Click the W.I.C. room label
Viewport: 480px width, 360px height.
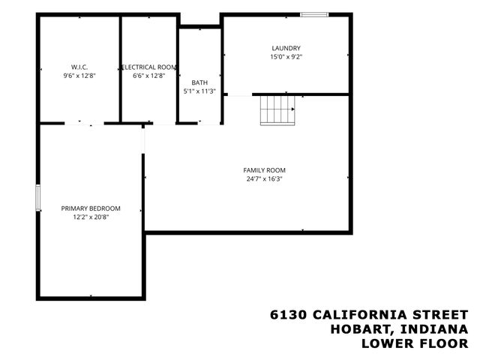[79, 67]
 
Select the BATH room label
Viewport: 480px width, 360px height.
[199, 82]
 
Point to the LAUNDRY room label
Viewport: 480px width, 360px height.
[286, 47]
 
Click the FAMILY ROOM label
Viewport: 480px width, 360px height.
[264, 170]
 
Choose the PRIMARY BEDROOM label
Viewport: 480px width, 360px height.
[91, 208]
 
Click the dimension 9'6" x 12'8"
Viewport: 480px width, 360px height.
[79, 76]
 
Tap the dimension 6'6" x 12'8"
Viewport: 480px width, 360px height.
[149, 76]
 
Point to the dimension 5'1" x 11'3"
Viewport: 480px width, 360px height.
[199, 91]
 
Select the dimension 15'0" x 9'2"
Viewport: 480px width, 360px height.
[286, 56]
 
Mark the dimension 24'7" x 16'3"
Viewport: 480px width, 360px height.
[264, 179]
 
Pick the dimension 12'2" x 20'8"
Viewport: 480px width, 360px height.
[91, 217]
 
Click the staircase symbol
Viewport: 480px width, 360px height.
[278, 110]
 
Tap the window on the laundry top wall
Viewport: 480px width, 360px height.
[314, 13]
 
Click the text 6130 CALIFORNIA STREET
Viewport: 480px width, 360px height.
[369, 314]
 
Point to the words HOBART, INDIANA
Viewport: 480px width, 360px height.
[400, 328]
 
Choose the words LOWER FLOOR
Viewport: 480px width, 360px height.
[415, 343]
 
